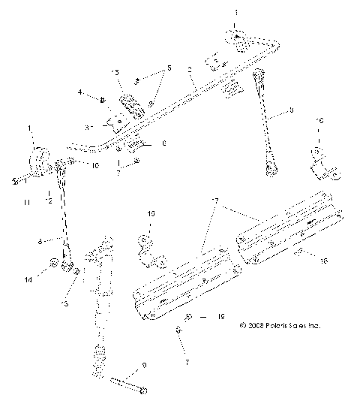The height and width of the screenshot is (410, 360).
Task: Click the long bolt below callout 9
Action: tap(128, 385)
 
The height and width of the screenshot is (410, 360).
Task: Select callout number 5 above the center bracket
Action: tap(168, 68)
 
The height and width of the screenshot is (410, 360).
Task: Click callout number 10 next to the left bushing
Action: tap(93, 164)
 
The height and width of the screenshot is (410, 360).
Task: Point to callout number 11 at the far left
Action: tap(24, 201)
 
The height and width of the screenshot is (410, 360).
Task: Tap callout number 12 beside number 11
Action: tap(48, 201)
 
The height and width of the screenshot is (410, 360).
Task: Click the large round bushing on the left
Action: tap(36, 160)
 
